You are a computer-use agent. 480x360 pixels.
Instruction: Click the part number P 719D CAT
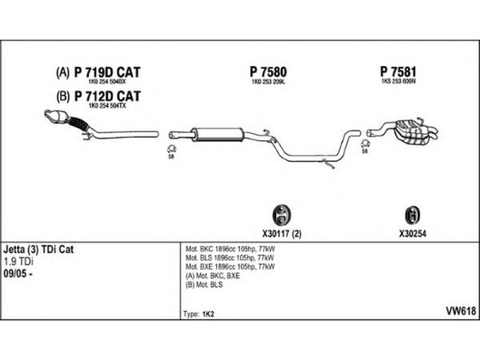[x=107, y=73]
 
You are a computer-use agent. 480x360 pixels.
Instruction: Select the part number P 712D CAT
[x=107, y=96]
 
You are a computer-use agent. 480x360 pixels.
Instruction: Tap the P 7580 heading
[x=268, y=72]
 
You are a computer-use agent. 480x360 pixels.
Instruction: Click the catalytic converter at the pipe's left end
[x=56, y=117]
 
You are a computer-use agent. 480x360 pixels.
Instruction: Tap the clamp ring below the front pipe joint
[x=170, y=149]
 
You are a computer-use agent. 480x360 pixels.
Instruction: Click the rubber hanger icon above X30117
[x=280, y=214]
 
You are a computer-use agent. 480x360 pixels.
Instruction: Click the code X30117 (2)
[x=281, y=234]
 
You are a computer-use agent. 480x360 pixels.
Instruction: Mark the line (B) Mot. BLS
[x=205, y=284]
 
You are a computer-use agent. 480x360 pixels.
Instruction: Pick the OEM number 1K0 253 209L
[x=268, y=83]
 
